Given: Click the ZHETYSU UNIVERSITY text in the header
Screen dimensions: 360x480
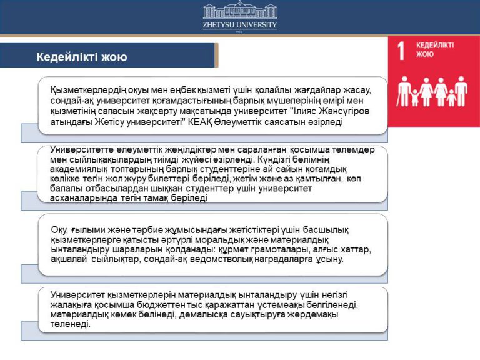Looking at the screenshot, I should coord(239,25).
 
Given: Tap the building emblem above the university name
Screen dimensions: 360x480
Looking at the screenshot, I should coord(239,11).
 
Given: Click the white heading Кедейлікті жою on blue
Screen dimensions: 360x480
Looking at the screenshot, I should coord(82,57).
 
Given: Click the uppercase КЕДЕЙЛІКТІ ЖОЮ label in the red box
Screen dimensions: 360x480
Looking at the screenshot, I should coord(435,49).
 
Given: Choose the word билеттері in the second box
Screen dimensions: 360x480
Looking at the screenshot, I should coord(182,179).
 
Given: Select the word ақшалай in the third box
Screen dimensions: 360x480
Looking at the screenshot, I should coord(67,259).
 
